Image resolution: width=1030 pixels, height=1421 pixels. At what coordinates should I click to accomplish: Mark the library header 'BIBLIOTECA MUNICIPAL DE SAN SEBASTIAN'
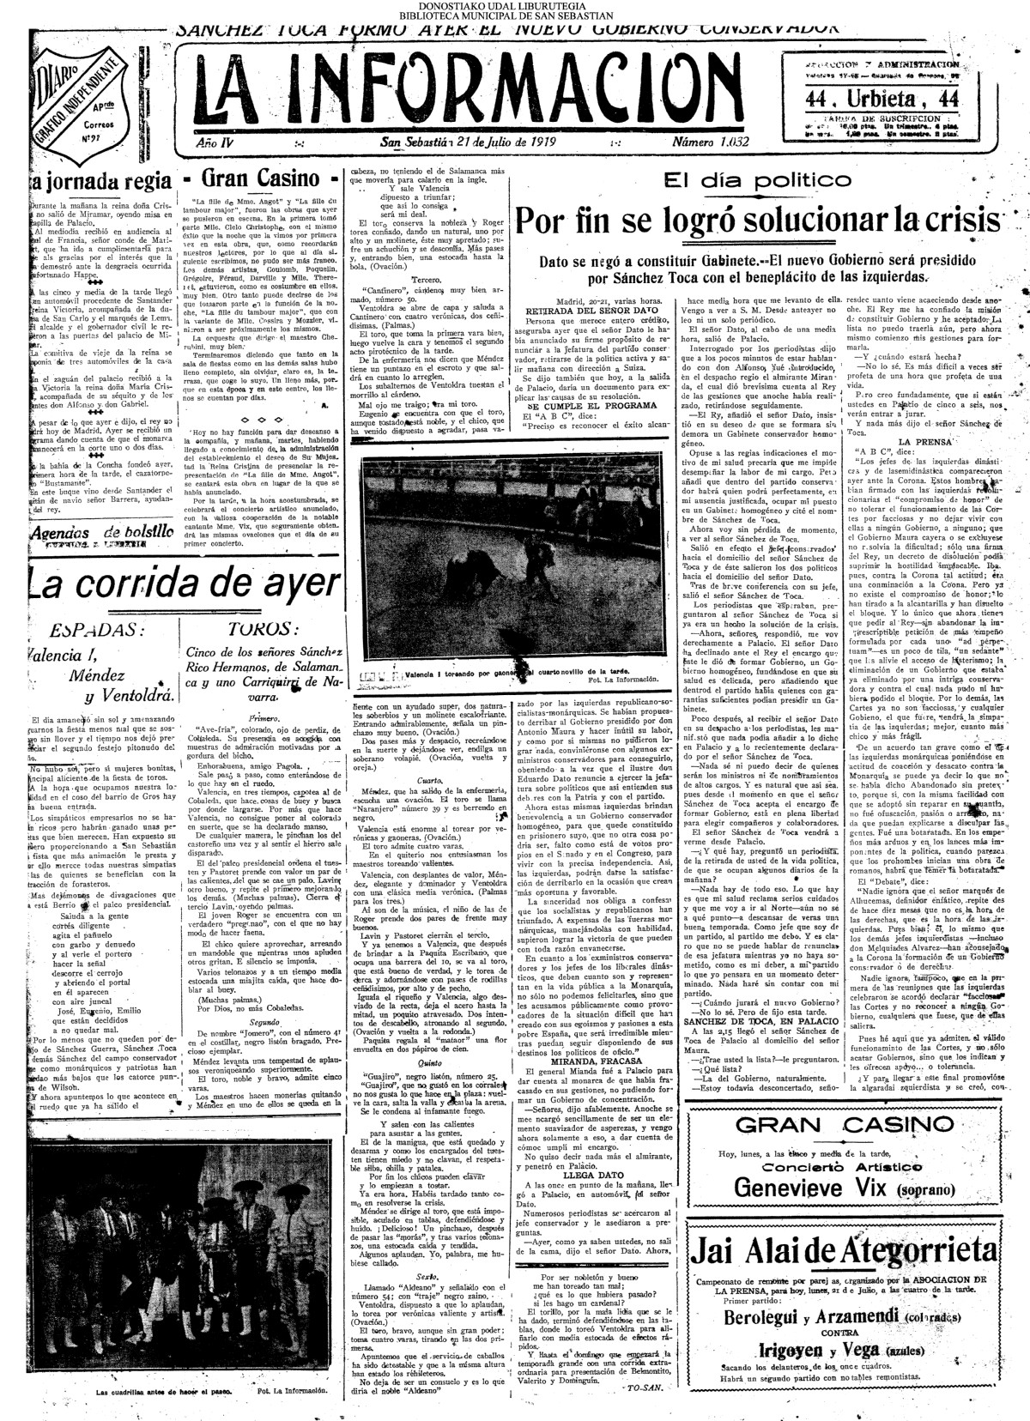(x=515, y=15)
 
